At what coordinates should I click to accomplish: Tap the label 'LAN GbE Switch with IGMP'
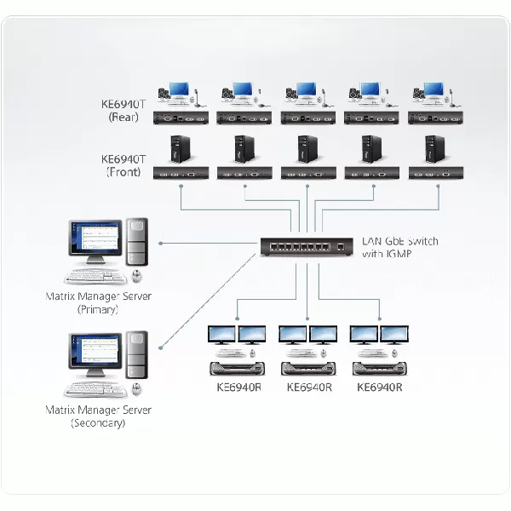tap(399, 248)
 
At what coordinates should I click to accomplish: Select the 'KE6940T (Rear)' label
tap(123, 112)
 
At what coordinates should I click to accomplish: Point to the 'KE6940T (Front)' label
tap(123, 164)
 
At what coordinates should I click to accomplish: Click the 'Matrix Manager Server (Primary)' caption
tap(98, 302)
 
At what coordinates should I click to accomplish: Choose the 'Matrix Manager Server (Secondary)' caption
tap(98, 416)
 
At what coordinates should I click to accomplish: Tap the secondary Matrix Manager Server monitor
tap(95, 355)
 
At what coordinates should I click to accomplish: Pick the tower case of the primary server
tap(136, 242)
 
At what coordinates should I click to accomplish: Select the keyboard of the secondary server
tap(95, 389)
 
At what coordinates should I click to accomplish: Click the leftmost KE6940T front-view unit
tap(181, 173)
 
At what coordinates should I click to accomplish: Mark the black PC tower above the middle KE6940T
tap(307, 149)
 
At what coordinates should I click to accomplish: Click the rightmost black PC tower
tap(434, 149)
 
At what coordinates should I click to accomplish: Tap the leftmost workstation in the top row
tap(180, 93)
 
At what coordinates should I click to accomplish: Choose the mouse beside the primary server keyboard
tap(136, 276)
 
